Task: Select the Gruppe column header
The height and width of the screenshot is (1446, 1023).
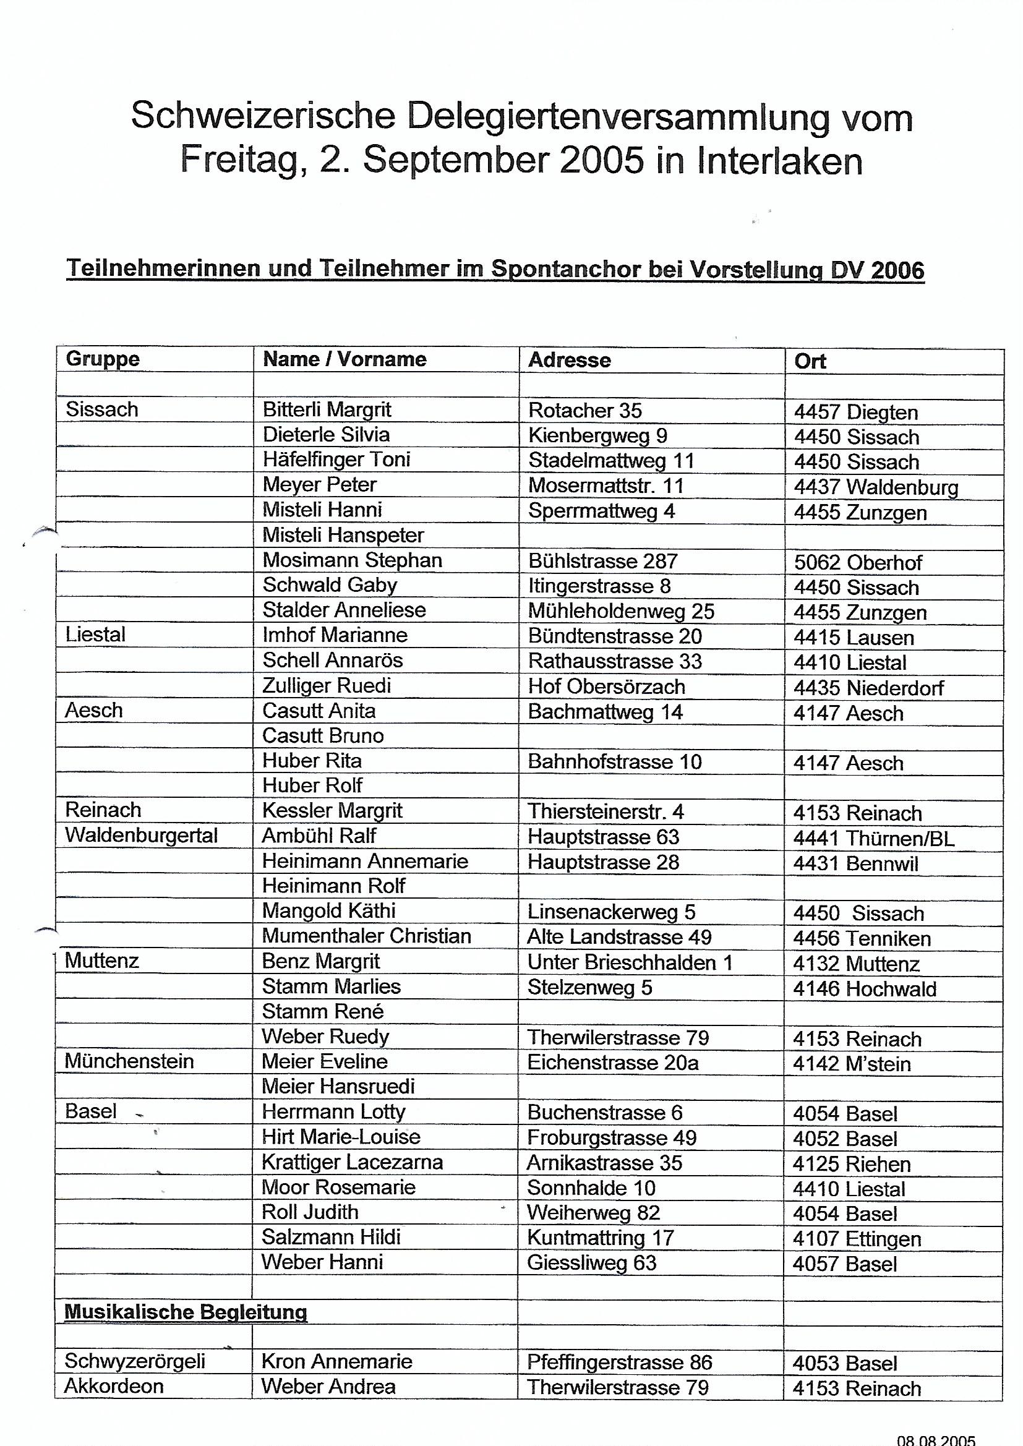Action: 102,359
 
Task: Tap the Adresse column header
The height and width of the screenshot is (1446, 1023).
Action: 569,359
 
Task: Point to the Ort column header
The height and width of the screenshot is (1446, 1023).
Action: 810,361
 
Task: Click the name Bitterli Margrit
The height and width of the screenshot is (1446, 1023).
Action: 327,409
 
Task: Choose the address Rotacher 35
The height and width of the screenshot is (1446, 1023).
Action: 584,410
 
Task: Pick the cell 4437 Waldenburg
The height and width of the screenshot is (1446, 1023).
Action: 876,487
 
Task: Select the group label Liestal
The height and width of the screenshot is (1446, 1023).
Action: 95,634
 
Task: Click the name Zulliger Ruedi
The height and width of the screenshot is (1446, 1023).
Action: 327,685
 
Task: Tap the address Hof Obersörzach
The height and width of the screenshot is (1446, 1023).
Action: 606,687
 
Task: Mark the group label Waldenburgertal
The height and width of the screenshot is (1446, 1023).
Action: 141,835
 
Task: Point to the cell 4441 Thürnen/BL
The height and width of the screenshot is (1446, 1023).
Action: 873,838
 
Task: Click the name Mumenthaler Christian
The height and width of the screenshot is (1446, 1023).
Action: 366,936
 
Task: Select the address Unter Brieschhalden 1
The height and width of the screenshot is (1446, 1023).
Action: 629,962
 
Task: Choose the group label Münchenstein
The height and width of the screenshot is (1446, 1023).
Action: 129,1061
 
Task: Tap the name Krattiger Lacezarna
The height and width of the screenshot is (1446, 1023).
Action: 352,1162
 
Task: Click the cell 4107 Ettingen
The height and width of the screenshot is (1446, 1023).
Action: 857,1239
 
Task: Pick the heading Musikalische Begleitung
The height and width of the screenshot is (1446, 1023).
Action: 186,1312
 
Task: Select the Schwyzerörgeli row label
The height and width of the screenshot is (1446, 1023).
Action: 135,1361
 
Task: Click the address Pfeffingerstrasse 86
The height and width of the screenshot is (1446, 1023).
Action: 619,1363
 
